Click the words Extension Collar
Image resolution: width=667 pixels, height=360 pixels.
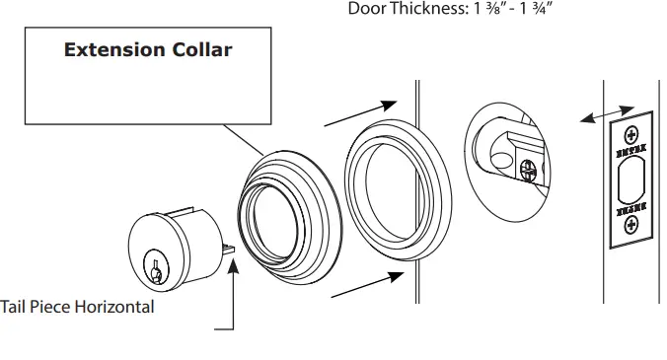click(148, 49)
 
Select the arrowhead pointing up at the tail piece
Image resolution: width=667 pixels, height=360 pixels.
click(234, 260)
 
